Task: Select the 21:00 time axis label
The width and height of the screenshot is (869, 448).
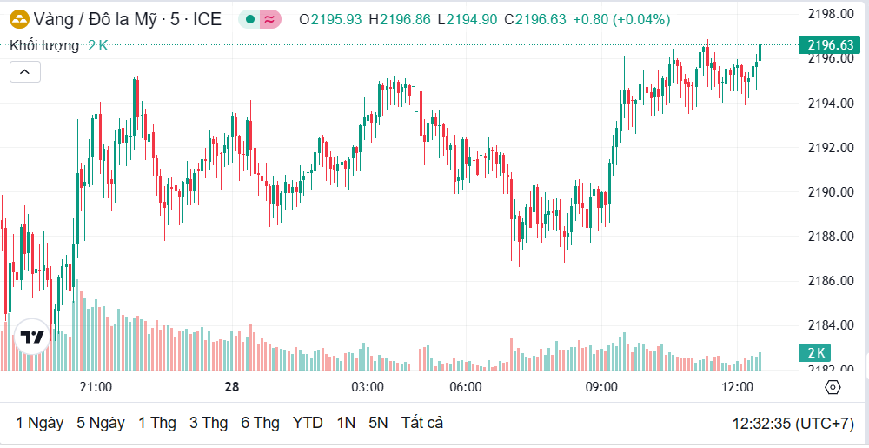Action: pyautogui.click(x=96, y=386)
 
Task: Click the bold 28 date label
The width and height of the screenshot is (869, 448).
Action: pyautogui.click(x=231, y=386)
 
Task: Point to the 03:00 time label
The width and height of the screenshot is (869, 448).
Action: pyautogui.click(x=368, y=386)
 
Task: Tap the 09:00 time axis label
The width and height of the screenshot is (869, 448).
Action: pyautogui.click(x=601, y=386)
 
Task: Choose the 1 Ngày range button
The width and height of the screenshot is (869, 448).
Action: pyautogui.click(x=40, y=423)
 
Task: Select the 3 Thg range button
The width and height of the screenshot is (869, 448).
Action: pyautogui.click(x=209, y=423)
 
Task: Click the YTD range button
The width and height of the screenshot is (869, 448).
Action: pyautogui.click(x=308, y=423)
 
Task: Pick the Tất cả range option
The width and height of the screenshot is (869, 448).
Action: pyautogui.click(x=422, y=423)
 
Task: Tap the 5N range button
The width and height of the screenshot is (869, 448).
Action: pyautogui.click(x=378, y=423)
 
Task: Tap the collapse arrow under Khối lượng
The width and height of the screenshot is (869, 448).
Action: pyautogui.click(x=25, y=71)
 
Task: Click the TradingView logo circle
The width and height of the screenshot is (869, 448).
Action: pyautogui.click(x=32, y=338)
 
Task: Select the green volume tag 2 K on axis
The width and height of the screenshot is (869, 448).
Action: pyautogui.click(x=817, y=352)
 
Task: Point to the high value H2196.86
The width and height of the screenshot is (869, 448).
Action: pyautogui.click(x=400, y=19)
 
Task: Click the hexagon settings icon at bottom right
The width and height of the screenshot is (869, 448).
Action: pyautogui.click(x=833, y=387)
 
